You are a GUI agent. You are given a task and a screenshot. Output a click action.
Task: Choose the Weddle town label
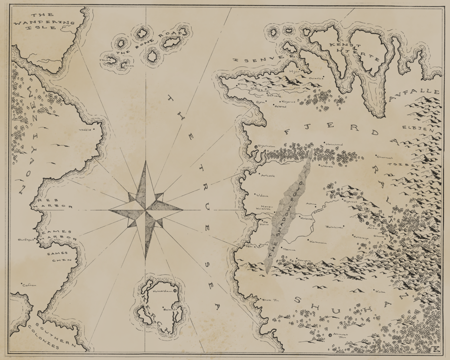click(86, 130)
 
